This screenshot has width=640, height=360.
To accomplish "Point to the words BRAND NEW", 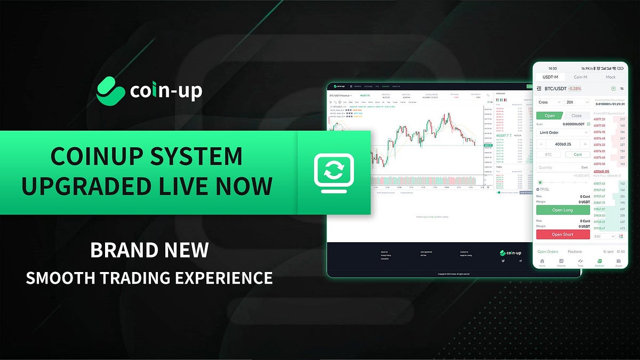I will tap(149, 251).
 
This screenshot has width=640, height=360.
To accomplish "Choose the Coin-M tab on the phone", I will tap(580, 77).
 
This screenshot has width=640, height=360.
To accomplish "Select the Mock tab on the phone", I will tap(610, 77).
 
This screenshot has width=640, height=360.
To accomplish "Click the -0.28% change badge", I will tap(575, 89).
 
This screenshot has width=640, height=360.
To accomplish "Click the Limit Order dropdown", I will tap(563, 132).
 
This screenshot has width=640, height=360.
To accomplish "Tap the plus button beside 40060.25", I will tap(585, 144).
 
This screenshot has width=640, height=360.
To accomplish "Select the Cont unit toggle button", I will tap(578, 155).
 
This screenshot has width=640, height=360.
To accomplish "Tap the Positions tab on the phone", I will tap(574, 252).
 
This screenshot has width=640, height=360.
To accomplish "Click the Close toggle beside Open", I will tap(577, 116).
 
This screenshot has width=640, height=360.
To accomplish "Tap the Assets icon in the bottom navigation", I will tap(619, 262).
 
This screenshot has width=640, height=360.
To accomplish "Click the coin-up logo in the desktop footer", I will tap(510, 253).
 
